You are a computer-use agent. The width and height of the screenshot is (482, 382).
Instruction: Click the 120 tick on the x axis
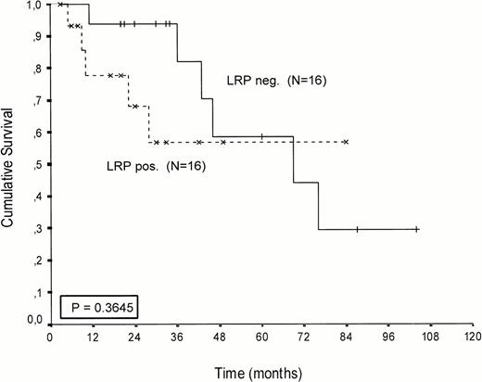(x=473, y=340)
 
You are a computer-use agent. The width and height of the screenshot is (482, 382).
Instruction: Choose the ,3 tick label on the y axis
(x=39, y=228)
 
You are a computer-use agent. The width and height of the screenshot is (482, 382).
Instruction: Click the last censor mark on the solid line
(x=416, y=229)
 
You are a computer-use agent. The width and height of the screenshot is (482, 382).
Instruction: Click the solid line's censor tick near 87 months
(x=357, y=229)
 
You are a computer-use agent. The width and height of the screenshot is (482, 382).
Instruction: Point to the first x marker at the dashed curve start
(x=60, y=5)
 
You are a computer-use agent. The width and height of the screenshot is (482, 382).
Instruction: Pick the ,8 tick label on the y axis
(x=39, y=70)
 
